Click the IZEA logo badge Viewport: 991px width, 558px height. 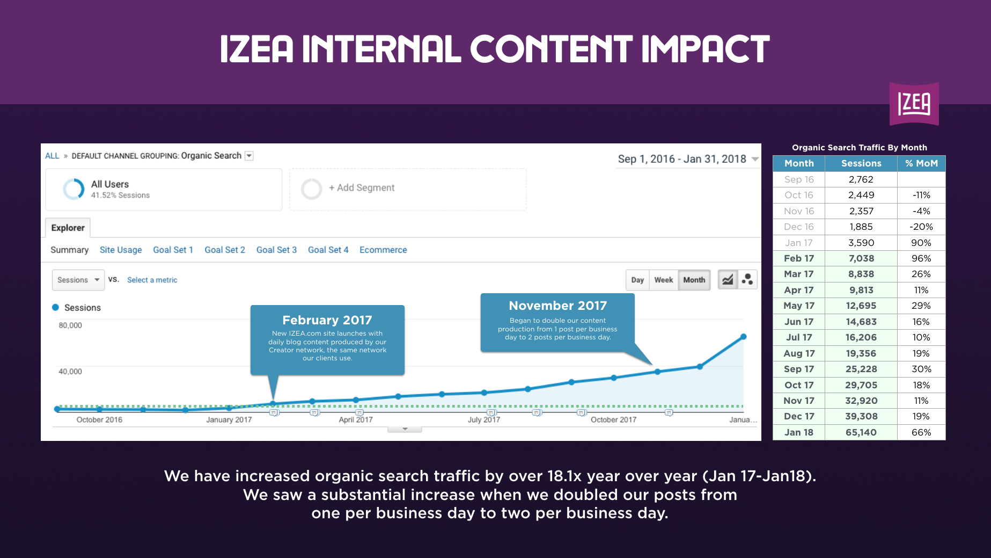click(914, 104)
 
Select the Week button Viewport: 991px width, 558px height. click(664, 280)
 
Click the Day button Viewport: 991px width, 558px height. click(637, 280)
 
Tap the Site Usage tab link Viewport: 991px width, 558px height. click(121, 250)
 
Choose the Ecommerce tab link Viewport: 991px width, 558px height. click(383, 250)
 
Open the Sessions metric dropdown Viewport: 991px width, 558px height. click(78, 280)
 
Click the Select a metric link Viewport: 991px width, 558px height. click(152, 280)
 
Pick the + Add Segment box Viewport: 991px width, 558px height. click(408, 189)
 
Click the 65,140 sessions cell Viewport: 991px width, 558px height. click(861, 432)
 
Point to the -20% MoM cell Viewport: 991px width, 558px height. click(921, 227)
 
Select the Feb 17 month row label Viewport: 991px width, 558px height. click(799, 258)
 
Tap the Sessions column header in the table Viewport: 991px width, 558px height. click(861, 163)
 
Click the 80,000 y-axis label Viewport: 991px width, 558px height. click(70, 325)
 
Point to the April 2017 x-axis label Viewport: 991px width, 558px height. click(356, 419)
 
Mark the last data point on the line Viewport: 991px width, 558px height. click(744, 337)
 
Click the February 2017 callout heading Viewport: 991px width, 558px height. click(327, 320)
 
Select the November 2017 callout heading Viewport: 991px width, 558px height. click(558, 306)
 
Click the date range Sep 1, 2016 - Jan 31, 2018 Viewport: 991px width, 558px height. click(682, 159)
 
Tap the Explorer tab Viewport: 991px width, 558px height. click(68, 228)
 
